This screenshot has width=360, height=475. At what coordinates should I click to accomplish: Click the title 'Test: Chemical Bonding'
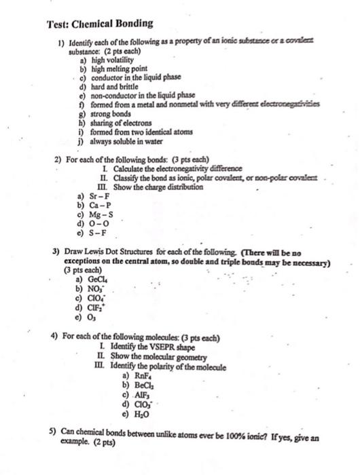(x=99, y=24)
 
